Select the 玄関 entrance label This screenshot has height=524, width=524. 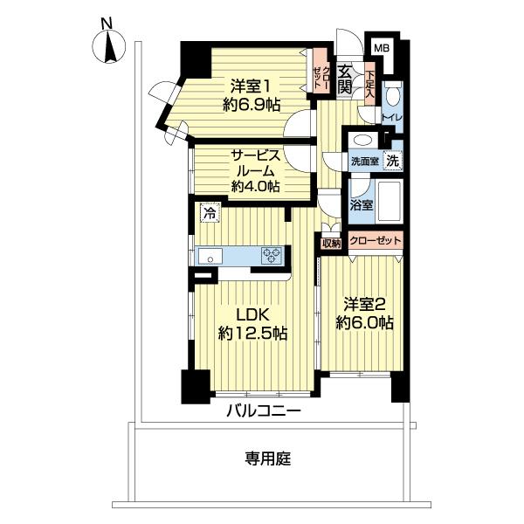coord(345,79)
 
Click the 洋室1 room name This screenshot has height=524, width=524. coord(250,86)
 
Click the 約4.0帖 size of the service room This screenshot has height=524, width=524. coord(254,186)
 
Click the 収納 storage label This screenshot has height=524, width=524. coord(330,243)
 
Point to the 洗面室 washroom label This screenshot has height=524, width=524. coord(364,162)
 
